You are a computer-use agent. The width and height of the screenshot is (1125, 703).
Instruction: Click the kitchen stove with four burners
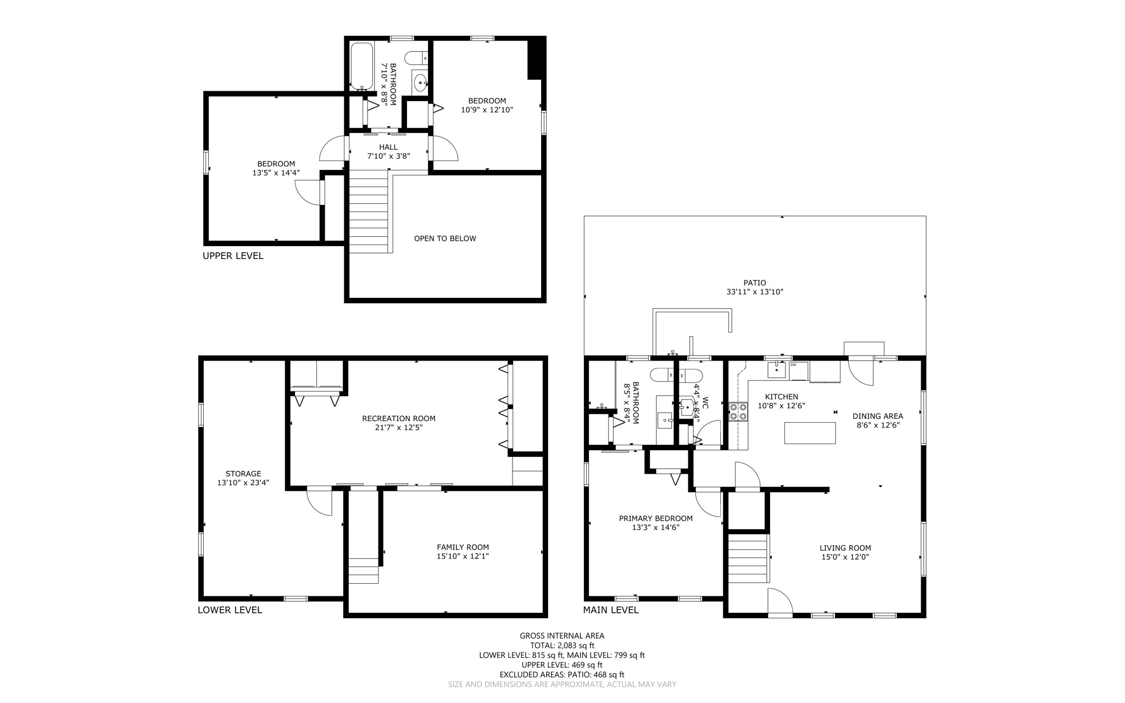(738, 411)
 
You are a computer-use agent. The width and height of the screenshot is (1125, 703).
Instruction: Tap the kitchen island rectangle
(810, 433)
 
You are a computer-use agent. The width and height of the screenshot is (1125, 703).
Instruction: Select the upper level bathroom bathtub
(361, 66)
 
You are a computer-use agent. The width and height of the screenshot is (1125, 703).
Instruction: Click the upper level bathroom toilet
(416, 57)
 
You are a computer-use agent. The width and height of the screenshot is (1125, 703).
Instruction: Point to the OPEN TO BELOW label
(445, 239)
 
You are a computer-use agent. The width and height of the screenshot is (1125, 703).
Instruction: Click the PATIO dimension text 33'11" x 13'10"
(755, 292)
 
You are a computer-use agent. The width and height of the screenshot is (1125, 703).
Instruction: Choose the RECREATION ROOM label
(398, 418)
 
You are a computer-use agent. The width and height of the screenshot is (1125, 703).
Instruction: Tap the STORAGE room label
(243, 473)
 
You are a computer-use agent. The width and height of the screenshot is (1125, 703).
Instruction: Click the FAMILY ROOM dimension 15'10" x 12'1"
(463, 556)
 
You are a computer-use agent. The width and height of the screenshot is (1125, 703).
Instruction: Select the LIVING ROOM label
(845, 547)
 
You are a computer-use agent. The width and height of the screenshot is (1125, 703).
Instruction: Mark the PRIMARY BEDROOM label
(655, 518)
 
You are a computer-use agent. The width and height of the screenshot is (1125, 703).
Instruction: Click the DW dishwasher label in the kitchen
(793, 364)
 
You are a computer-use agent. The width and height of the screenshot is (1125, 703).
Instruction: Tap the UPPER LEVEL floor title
(233, 256)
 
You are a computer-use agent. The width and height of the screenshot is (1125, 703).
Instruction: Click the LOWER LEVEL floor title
(230, 610)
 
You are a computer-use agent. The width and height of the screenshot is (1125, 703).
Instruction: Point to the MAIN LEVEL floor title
(610, 610)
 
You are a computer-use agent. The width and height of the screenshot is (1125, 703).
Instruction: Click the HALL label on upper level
(388, 147)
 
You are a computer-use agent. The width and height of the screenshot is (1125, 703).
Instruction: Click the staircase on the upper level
(369, 212)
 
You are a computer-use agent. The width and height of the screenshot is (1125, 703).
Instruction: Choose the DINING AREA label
(877, 416)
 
